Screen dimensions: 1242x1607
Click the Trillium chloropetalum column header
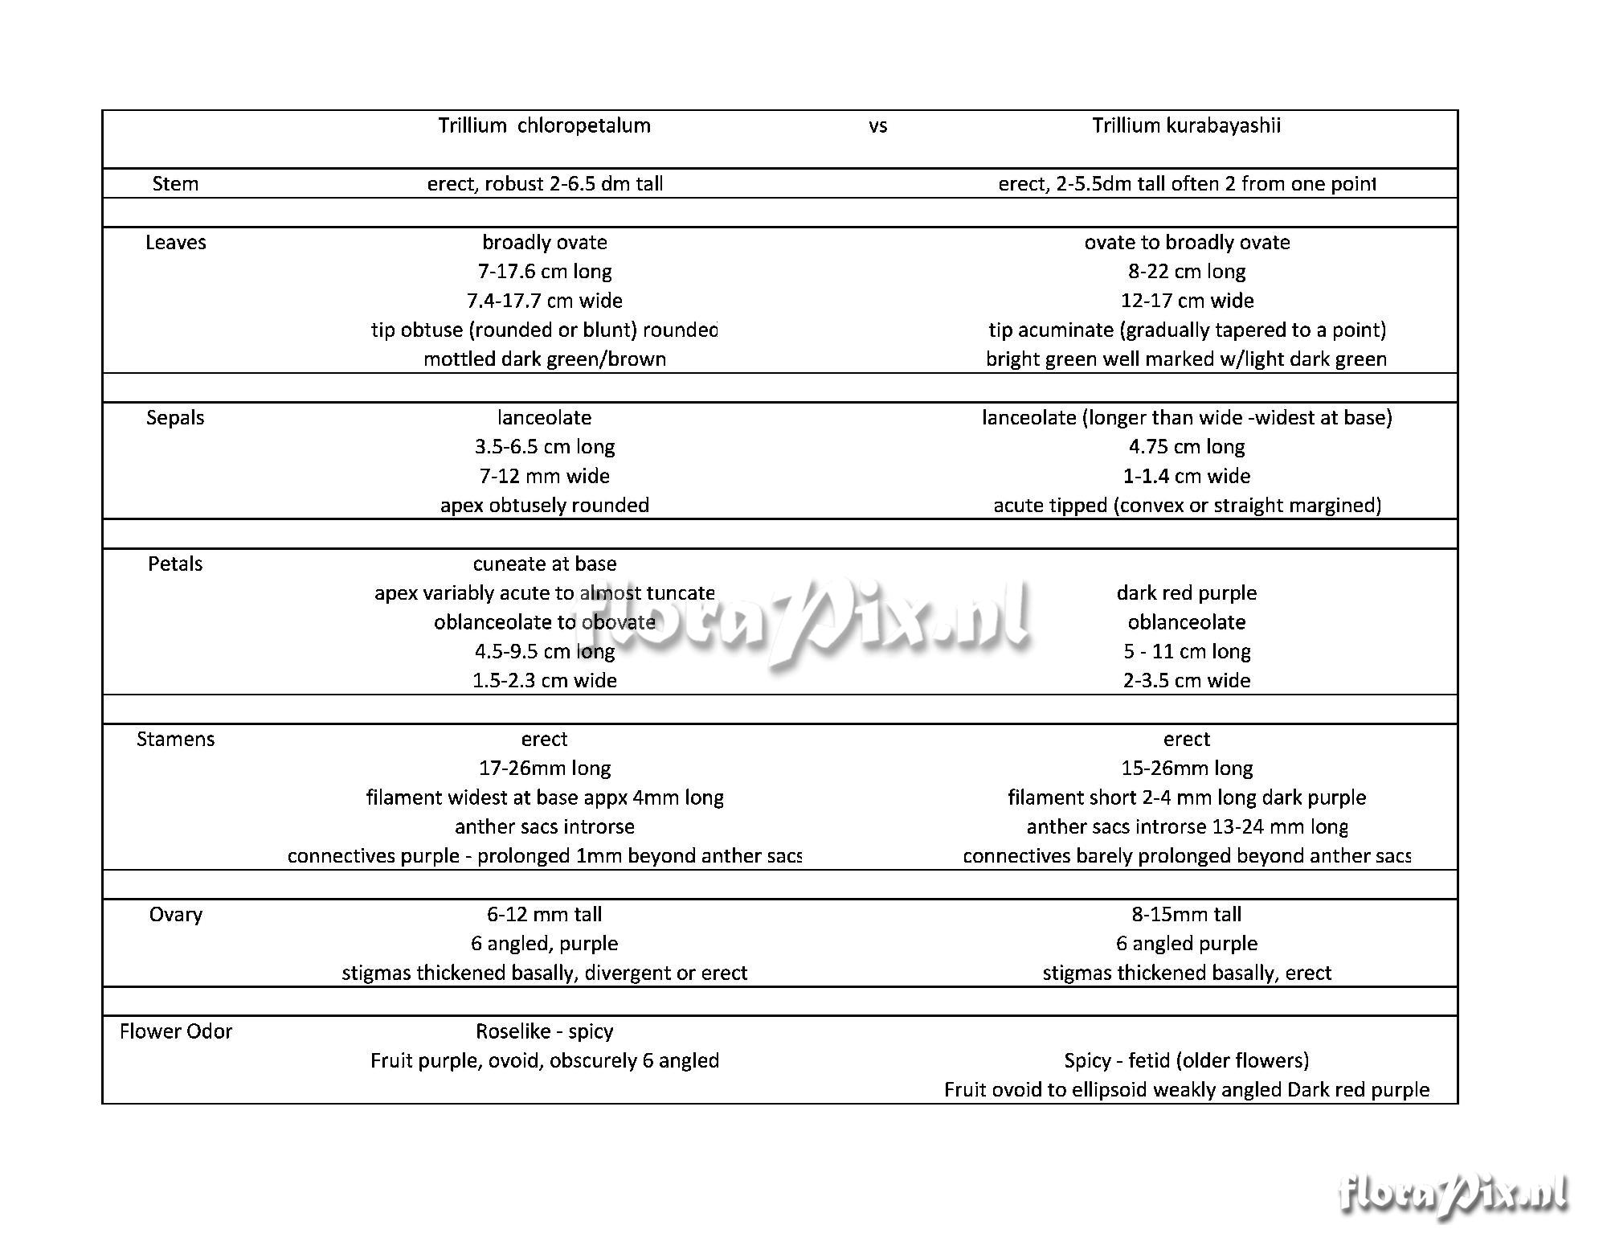tap(544, 125)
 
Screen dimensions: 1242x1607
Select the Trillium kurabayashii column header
tap(1186, 125)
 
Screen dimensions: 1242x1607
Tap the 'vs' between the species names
tap(877, 126)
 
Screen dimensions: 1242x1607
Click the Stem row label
tap(175, 184)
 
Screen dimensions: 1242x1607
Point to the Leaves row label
tap(175, 243)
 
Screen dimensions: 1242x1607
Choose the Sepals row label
tap(175, 418)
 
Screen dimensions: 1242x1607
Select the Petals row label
tap(175, 564)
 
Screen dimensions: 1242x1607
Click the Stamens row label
tap(175, 740)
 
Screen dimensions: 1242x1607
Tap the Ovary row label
tap(175, 915)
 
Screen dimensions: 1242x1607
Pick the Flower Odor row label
tap(175, 1031)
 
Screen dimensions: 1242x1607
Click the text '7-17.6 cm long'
tap(544, 272)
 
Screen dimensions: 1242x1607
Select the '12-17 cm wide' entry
tap(1187, 301)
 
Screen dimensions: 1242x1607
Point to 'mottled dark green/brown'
tap(544, 359)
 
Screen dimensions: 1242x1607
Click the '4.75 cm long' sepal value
tap(1187, 447)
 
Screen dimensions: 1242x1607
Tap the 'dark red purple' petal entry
tap(1187, 593)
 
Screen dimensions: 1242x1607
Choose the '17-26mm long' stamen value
tap(544, 769)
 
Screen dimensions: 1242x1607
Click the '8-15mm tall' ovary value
tap(1187, 915)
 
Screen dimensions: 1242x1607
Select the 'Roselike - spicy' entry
tap(544, 1031)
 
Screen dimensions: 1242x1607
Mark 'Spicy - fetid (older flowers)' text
tap(1187, 1061)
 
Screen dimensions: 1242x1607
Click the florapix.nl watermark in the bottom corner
tap(1453, 1195)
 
